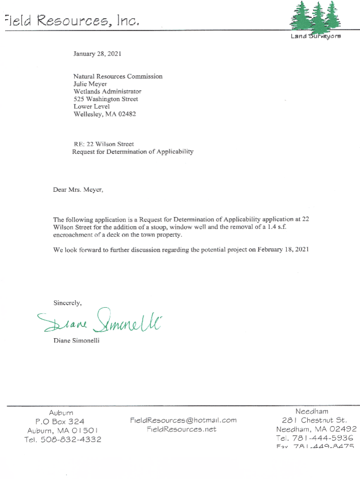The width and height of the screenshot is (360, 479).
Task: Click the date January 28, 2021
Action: tap(97, 54)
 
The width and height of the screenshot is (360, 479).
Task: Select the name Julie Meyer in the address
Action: tap(90, 84)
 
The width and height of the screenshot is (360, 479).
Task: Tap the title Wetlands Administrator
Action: tap(107, 92)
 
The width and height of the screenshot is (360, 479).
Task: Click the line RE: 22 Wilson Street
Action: tap(104, 144)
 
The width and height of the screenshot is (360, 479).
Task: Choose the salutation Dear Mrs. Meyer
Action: tap(78, 190)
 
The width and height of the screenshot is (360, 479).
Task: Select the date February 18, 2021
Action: tap(283, 250)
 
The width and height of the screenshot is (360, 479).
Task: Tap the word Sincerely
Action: tap(68, 303)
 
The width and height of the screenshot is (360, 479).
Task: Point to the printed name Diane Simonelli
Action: tap(76, 341)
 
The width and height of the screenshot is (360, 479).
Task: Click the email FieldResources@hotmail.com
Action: tap(183, 420)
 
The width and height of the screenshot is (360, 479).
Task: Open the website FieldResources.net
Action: tap(181, 429)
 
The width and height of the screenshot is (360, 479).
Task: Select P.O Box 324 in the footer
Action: tap(61, 421)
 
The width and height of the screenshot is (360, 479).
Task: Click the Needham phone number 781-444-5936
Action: tap(323, 438)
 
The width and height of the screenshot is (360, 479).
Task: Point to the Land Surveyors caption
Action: tap(316, 36)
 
